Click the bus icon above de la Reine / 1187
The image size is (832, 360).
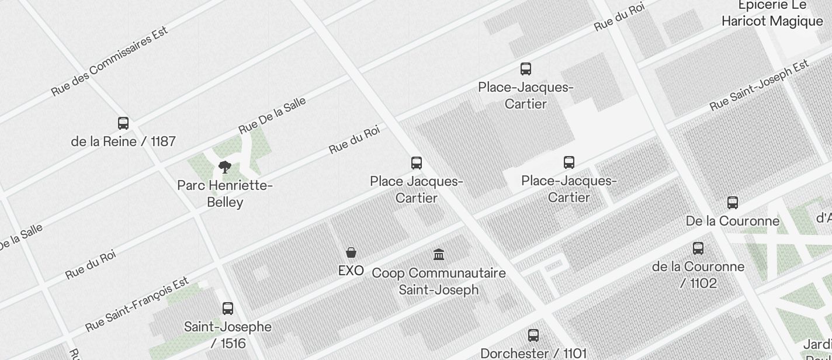tap(123, 123)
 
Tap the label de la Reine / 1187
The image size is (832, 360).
tap(123, 141)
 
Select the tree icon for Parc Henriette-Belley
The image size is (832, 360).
tap(225, 168)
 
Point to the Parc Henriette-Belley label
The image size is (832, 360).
tap(225, 194)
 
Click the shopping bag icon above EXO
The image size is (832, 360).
tap(351, 252)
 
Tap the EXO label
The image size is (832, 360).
tap(351, 271)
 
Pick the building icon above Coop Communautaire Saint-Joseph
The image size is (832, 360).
tap(439, 254)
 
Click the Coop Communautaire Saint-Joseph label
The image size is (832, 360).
tap(439, 281)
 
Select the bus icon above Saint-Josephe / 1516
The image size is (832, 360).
tap(228, 309)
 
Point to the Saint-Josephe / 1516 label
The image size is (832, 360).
tap(228, 335)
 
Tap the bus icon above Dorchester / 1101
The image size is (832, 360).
tap(533, 335)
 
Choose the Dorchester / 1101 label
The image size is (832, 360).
tap(533, 353)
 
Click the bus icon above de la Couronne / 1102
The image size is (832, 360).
tap(698, 248)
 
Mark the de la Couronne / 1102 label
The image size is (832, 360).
tap(698, 275)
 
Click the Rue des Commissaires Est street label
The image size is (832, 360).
tap(110, 61)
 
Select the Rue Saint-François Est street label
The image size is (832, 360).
tap(138, 304)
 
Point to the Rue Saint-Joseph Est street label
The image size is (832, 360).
tap(759, 85)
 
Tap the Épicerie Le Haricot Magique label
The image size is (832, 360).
tap(772, 13)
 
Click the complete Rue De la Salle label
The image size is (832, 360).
tap(272, 116)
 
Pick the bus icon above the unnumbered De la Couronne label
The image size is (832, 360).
tap(733, 203)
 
